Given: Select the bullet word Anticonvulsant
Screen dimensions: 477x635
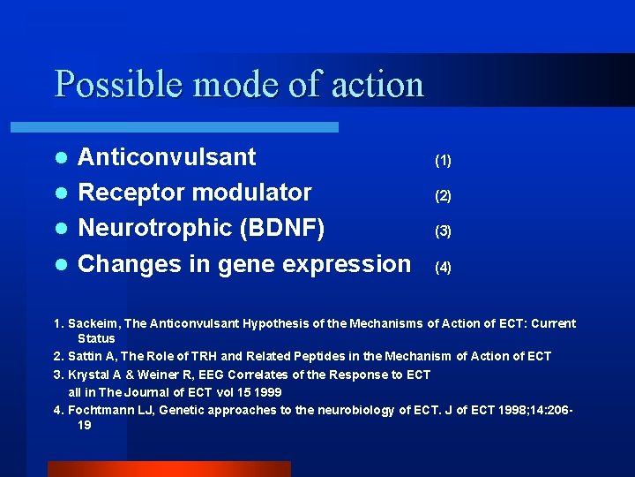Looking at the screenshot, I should click(167, 157).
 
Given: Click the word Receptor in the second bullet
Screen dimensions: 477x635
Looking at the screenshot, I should click(131, 193).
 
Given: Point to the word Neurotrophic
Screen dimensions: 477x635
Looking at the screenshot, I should click(154, 228).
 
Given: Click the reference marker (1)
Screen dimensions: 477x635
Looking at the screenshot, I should click(443, 161).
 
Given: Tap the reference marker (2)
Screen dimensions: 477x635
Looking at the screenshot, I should click(443, 196).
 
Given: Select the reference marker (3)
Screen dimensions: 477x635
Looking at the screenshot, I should click(443, 231).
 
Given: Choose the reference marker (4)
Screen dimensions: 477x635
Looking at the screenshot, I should click(443, 267).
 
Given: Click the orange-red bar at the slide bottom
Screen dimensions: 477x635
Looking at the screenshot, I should click(168, 468).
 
